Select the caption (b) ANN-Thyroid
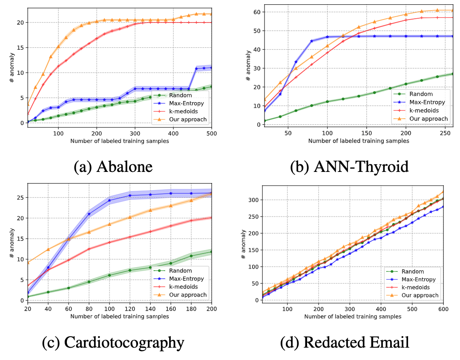(x=349, y=166)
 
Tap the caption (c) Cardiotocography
(x=113, y=342)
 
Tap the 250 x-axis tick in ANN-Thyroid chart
(x=445, y=132)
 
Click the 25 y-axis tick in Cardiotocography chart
(x=19, y=197)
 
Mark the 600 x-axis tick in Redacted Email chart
(x=443, y=308)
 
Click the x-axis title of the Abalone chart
(x=119, y=141)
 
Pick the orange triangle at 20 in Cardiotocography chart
(x=28, y=263)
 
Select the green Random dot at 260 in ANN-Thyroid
(x=452, y=74)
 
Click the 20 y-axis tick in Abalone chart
(x=19, y=23)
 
